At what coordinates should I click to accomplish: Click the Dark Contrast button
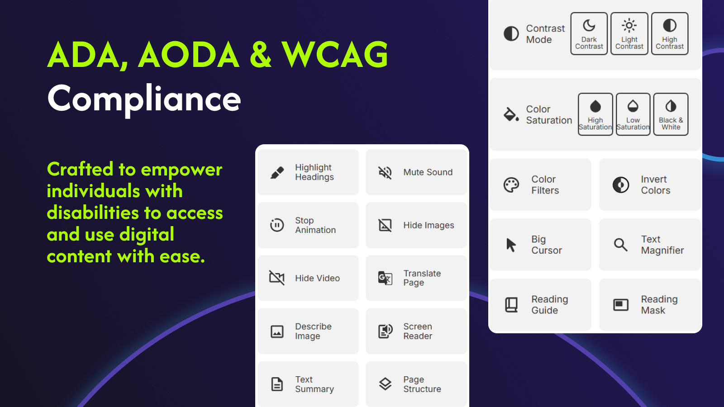coord(589,33)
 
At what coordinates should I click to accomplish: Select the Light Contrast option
coord(629,33)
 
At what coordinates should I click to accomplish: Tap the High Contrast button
coord(670,33)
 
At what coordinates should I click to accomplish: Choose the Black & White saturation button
coord(671,114)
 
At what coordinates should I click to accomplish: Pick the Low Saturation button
coord(633,114)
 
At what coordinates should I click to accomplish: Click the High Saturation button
coord(595,114)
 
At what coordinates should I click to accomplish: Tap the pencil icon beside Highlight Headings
coord(277,172)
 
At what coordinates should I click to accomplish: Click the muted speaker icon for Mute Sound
coord(385,172)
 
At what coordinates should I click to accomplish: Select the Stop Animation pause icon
coord(277,225)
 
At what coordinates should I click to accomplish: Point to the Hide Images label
coord(429,225)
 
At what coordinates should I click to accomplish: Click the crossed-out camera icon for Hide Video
coord(277,278)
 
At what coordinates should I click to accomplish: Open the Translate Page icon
coord(385,278)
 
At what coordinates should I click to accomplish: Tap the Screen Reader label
coord(418,331)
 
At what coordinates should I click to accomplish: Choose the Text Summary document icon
coord(277,384)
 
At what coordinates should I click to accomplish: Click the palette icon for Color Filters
coord(511,185)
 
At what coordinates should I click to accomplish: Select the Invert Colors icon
coord(621,185)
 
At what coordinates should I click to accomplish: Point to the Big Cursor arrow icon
coord(511,245)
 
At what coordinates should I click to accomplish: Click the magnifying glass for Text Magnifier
coord(620,245)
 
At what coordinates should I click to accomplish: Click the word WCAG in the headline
coord(334,55)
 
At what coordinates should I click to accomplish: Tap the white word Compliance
coord(144,99)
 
